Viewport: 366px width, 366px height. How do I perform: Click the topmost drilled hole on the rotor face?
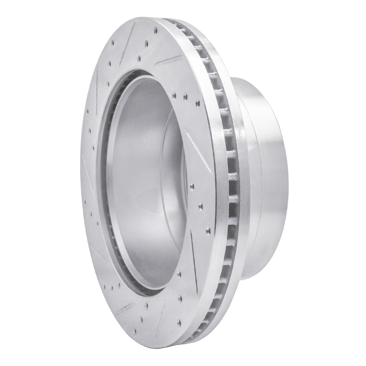tap(155, 31)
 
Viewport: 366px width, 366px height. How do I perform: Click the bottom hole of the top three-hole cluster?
tap(138, 58)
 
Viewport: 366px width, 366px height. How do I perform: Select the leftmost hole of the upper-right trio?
tap(174, 95)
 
